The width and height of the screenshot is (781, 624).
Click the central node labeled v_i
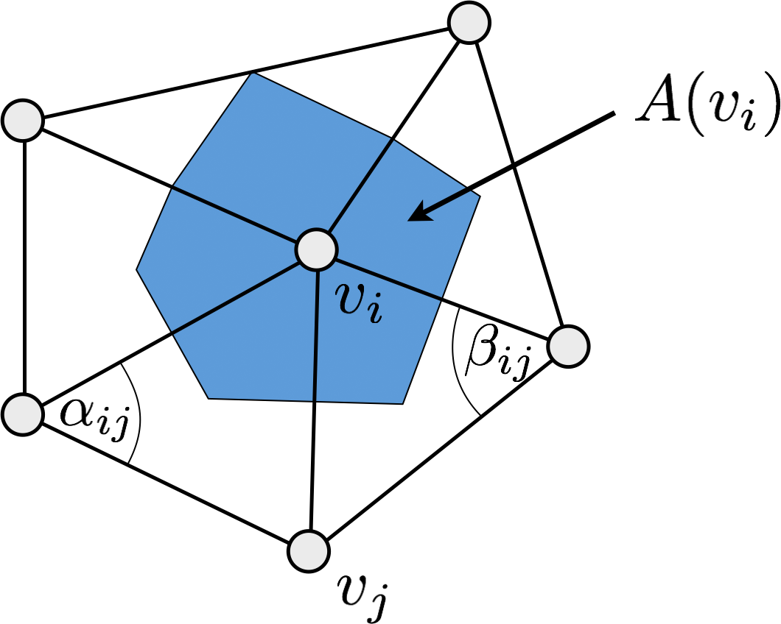317,249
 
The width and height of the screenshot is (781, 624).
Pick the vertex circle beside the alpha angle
23,414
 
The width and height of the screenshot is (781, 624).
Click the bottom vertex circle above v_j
309,550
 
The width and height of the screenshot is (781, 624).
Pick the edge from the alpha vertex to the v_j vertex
166,482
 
